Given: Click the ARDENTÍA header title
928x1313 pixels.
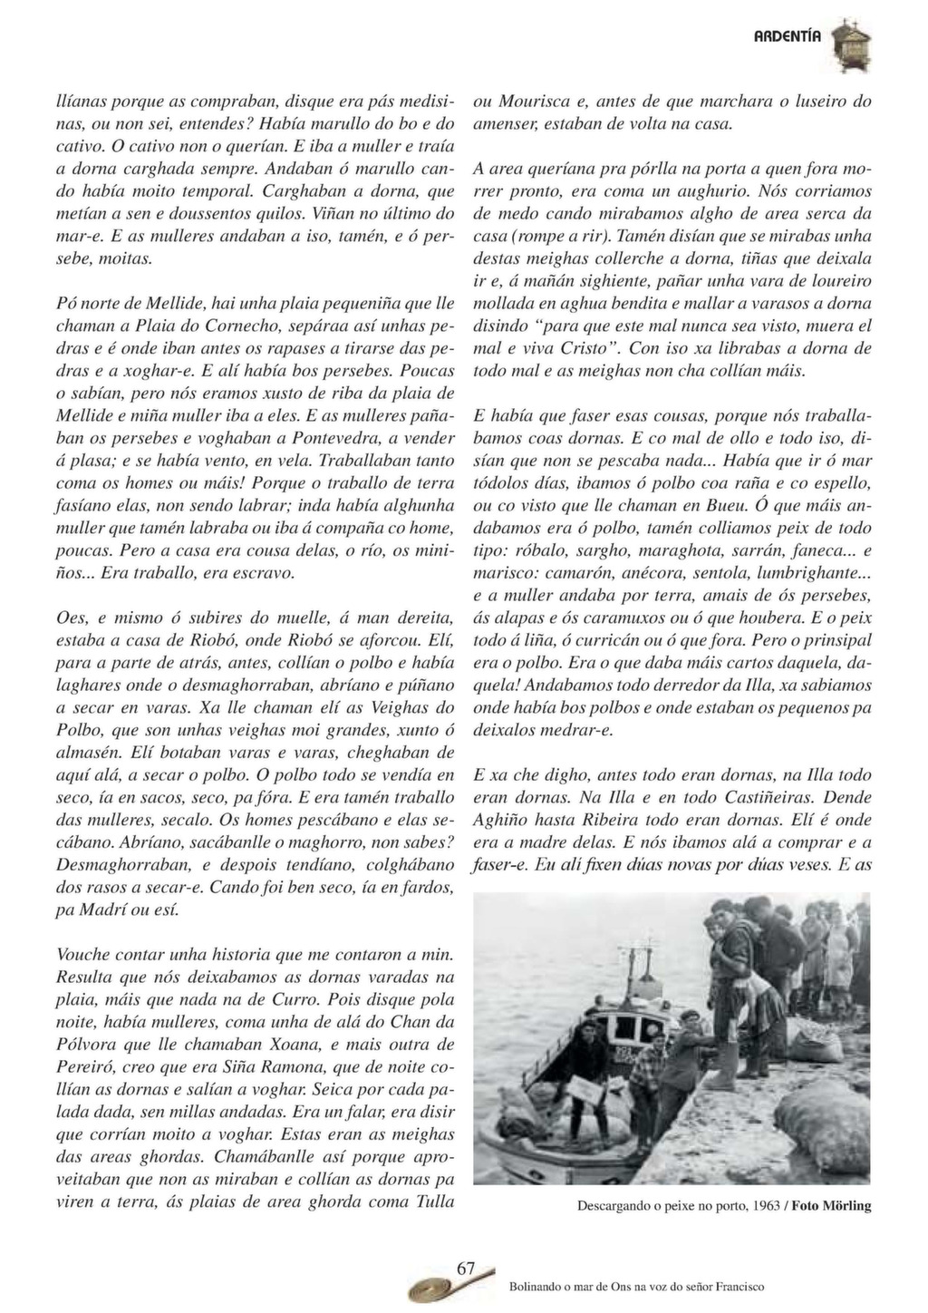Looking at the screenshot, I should coord(788,36).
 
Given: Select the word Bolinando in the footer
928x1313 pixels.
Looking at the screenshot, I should coord(538,1286).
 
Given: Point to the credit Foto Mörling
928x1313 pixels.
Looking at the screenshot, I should coord(831,1206).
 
